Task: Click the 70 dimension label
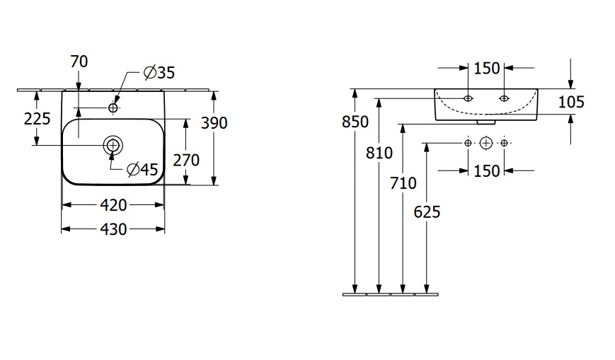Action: point(79,62)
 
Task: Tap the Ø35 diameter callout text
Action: point(159,71)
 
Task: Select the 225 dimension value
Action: point(37,118)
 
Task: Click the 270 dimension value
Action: point(186,160)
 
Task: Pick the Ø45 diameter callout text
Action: point(142,169)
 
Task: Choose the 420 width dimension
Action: point(113,205)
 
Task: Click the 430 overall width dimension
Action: point(113,229)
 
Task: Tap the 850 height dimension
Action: point(355,122)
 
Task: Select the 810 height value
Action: point(380,151)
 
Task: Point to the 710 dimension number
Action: point(403,184)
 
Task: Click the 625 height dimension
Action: point(427,211)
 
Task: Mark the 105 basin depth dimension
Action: point(571,102)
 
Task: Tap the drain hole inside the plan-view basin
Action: point(112,145)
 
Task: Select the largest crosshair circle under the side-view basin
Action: point(485,143)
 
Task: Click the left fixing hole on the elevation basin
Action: point(468,98)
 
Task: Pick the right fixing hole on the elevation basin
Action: point(504,98)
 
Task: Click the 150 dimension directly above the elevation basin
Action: point(486,68)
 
